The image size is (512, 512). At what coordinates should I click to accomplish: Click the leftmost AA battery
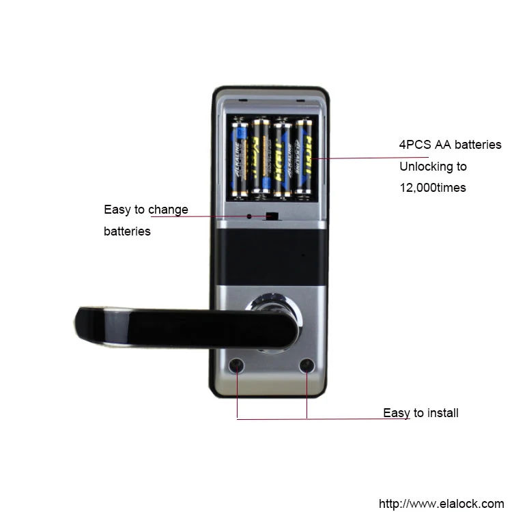tap(241, 158)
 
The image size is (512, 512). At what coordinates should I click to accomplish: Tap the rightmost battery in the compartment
tap(302, 158)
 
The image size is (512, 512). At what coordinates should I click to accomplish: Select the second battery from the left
tap(261, 158)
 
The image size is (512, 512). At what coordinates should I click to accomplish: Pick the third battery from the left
tap(282, 158)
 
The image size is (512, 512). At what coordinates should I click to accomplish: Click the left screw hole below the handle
tap(237, 366)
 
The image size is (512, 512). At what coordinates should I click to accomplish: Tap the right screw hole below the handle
tap(307, 366)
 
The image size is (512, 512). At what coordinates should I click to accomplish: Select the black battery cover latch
tap(272, 217)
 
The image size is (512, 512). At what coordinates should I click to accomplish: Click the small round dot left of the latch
tap(249, 216)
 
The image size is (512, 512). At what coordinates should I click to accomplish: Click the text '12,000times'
tap(432, 188)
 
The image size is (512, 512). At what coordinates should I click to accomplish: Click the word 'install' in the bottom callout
tap(441, 413)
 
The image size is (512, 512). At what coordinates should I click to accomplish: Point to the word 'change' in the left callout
tap(167, 210)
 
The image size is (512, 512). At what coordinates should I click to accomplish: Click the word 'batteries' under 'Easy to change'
tap(127, 231)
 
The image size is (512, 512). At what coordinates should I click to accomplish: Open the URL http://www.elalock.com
tap(440, 504)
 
